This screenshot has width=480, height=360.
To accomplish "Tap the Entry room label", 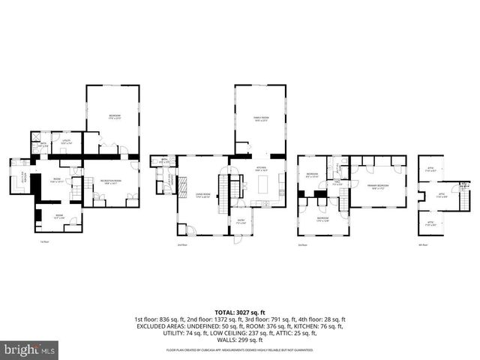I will pyautogui.click(x=241, y=221).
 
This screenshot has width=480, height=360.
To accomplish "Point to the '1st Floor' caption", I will pyautogui.click(x=44, y=241).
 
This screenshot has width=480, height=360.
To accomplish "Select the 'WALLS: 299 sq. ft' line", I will pyautogui.click(x=240, y=340).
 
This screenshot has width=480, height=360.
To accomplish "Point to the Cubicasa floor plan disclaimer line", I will pyautogui.click(x=240, y=349).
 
